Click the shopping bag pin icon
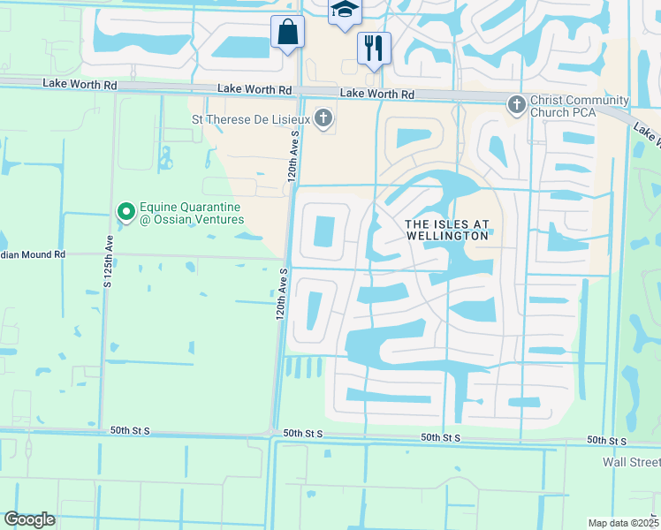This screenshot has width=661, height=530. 287,32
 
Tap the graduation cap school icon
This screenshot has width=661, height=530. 345,11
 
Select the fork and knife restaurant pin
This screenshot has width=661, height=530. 374,48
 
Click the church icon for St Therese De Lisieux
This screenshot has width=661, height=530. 324,117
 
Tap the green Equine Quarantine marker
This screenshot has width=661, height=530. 125,210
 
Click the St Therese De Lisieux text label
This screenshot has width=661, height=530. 250,117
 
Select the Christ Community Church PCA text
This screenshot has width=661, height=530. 580,106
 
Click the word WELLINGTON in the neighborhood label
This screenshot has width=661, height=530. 447,236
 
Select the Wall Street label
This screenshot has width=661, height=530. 631,462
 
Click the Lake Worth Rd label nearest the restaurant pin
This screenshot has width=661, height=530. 377,94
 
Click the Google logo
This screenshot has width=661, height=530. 30,519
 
